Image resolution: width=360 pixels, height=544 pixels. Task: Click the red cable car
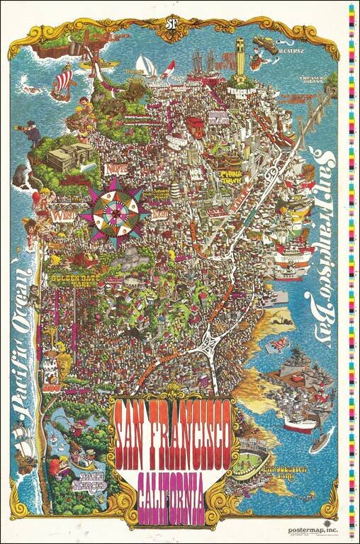(x=195, y=127)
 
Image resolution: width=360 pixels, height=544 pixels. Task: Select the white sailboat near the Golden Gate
(x=144, y=65)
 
